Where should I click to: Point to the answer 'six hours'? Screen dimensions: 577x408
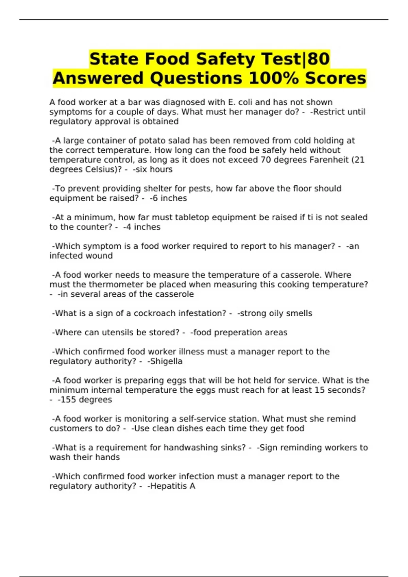click(154, 169)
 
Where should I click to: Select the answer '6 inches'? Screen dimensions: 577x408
click(169, 198)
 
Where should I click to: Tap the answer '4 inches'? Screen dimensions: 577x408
click(143, 227)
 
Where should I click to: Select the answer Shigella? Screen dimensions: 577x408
click(166, 361)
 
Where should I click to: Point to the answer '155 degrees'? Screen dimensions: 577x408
click(86, 399)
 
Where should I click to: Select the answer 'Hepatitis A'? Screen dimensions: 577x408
click(172, 486)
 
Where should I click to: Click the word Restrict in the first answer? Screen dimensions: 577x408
click(328, 112)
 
